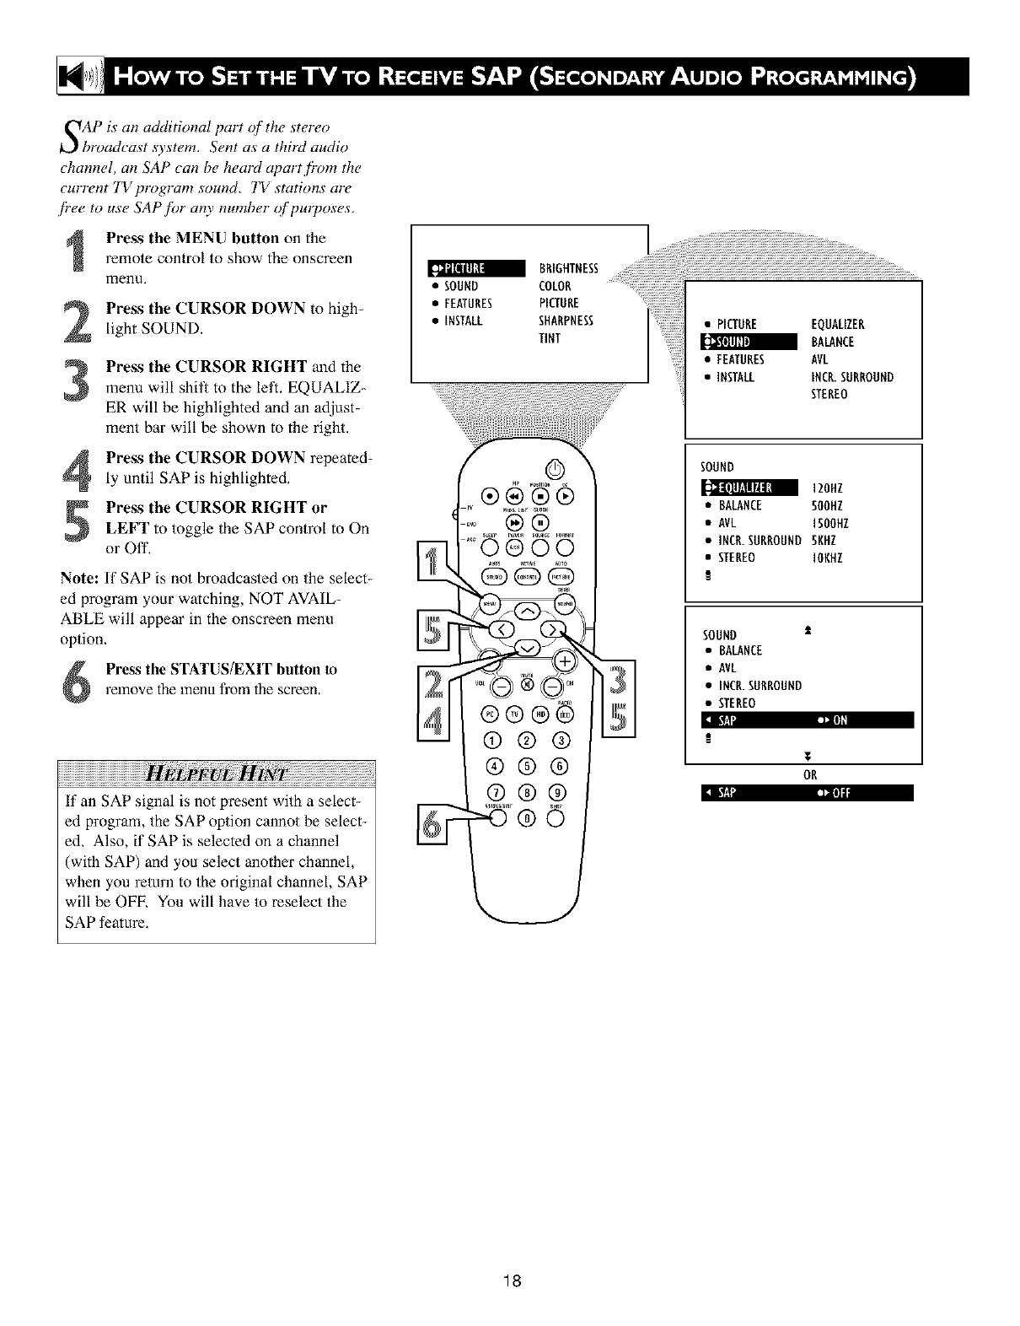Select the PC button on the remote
(x=491, y=715)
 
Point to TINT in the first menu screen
(x=550, y=339)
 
